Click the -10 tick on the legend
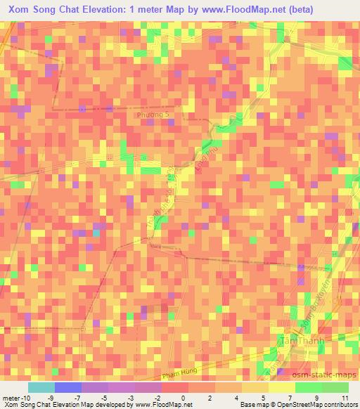coord(26,398)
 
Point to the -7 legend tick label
coord(81,398)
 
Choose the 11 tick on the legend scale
coord(345,398)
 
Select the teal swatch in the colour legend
coord(41,387)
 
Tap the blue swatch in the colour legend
coord(67,387)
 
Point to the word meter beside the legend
coord(11,398)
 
